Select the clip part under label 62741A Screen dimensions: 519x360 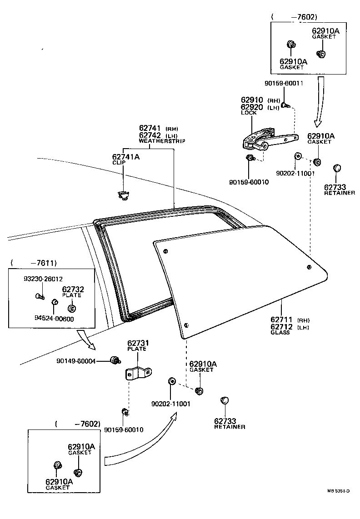coord(123,195)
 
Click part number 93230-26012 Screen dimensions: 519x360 coord(43,279)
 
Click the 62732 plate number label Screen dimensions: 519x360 coord(73,289)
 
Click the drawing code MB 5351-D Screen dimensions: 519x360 coord(338,491)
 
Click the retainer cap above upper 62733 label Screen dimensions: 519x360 coord(337,169)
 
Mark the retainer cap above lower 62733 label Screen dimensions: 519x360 coord(224,400)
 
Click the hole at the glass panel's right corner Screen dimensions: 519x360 coord(309,267)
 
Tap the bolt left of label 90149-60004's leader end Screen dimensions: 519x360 coord(115,361)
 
